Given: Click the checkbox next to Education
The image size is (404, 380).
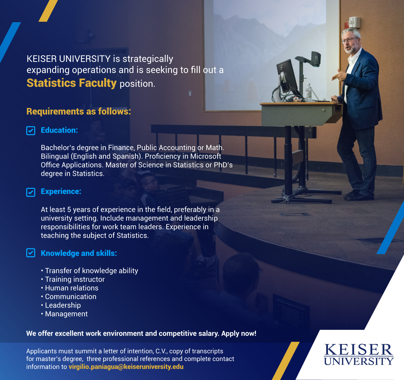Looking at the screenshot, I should (31, 131).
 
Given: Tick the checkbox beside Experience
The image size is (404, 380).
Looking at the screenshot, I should (31, 192).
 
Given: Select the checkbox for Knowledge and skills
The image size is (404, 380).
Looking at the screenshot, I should (31, 253).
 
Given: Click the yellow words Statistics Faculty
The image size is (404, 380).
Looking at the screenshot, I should (71, 83).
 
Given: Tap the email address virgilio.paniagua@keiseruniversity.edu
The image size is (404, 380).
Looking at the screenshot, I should (126, 367).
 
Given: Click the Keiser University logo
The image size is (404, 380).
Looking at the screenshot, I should (359, 355).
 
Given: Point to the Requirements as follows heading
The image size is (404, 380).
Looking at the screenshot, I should (79, 111).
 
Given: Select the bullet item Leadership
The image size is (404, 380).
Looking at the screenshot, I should (63, 305).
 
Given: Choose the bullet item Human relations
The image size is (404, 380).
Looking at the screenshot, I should (71, 288).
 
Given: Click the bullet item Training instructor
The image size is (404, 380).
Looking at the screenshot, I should (75, 279).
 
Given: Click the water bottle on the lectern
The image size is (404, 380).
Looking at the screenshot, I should (308, 93).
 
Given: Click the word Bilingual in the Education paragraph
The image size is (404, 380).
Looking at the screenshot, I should (55, 156).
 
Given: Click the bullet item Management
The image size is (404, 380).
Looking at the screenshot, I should (66, 314).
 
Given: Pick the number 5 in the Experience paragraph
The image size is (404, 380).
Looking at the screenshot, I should (69, 210).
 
